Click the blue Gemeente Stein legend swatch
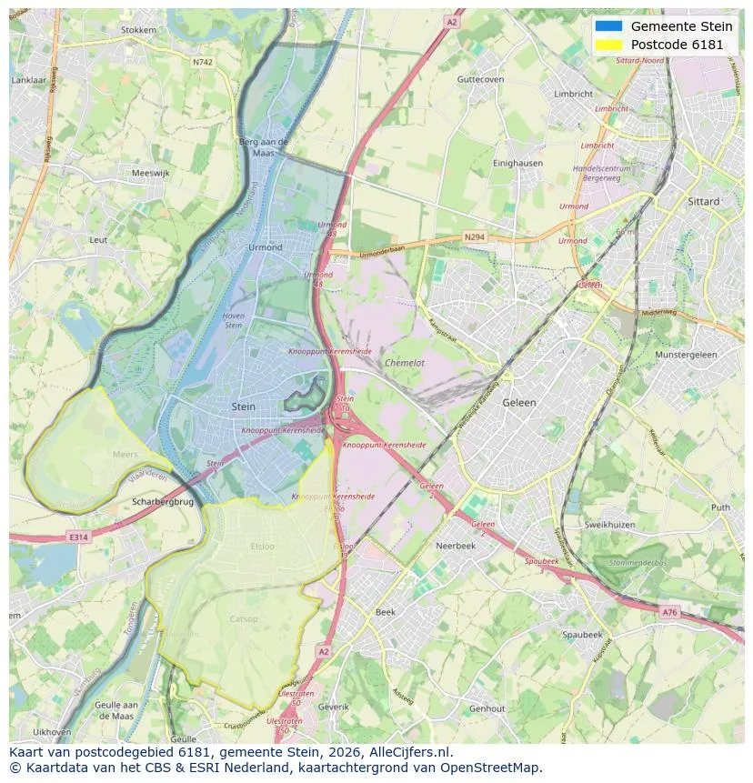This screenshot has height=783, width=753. (608, 26)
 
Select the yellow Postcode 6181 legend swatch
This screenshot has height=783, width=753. (608, 45)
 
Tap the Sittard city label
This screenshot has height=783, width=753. (704, 201)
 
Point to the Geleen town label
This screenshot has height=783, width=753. (519, 402)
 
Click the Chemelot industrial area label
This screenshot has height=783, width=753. (404, 362)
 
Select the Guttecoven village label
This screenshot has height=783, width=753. (480, 80)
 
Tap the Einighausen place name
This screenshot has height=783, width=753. (517, 163)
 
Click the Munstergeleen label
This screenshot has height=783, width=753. (686, 355)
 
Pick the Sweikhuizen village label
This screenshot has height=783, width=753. (609, 526)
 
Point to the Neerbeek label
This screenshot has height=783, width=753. (456, 547)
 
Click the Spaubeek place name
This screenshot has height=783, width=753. (582, 634)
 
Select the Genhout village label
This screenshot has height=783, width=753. (487, 708)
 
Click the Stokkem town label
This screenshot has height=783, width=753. (138, 30)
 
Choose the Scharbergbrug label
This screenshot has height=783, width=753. (163, 501)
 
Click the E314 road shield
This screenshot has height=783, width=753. (79, 537)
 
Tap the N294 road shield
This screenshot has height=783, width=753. (474, 237)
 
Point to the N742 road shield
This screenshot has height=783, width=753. (202, 62)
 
